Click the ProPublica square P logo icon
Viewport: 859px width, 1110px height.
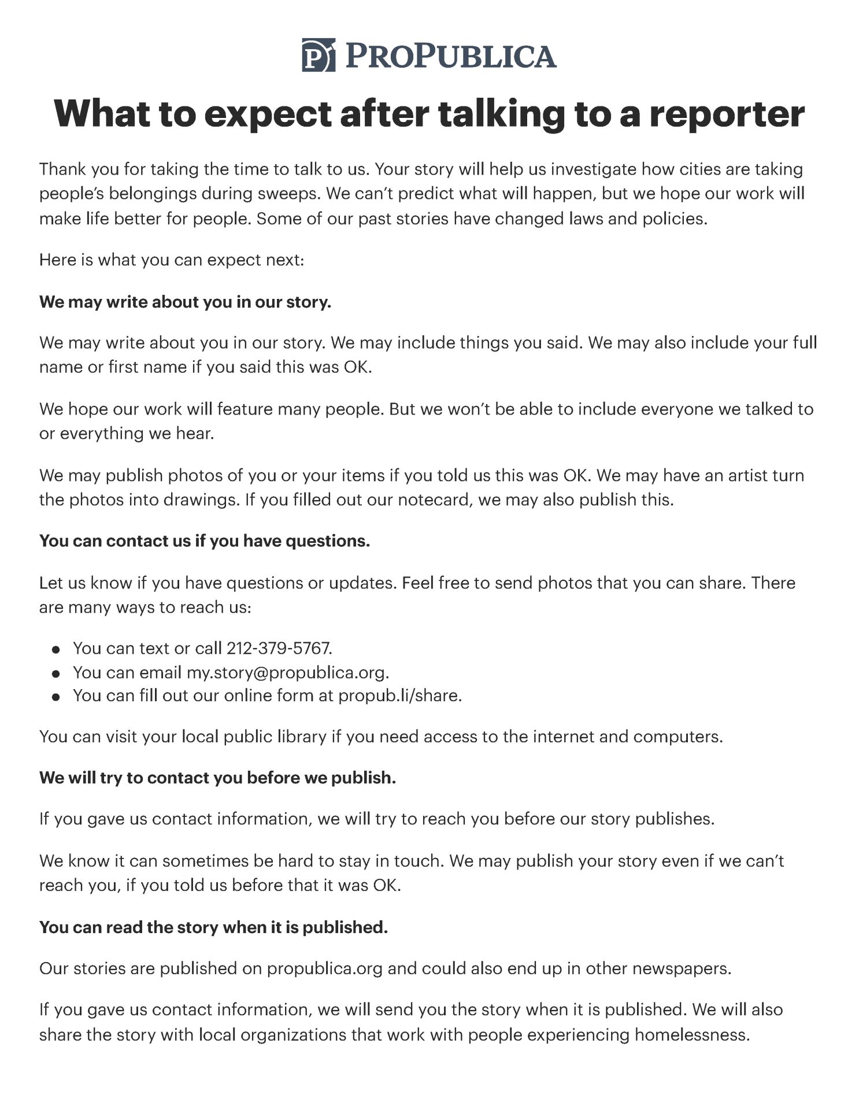click(318, 55)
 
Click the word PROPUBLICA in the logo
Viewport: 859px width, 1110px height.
click(451, 55)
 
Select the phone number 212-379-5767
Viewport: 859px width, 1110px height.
click(279, 648)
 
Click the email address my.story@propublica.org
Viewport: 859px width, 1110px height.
click(287, 672)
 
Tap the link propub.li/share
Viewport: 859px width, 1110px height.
click(399, 695)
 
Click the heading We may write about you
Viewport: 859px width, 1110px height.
click(185, 302)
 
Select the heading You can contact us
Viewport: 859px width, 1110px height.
click(204, 541)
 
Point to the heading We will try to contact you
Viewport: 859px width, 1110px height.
click(217, 778)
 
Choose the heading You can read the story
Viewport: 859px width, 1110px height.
click(213, 927)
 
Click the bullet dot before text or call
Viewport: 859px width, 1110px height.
click(56, 650)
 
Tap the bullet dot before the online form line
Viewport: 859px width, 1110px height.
click(56, 697)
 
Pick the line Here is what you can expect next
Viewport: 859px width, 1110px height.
click(171, 260)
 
